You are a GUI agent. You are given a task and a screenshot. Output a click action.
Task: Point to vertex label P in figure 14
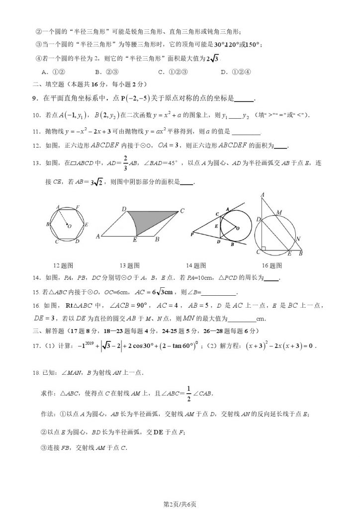[192, 234]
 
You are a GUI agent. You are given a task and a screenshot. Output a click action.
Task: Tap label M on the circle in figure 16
[278, 212]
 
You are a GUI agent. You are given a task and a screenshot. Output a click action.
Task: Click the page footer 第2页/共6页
[180, 504]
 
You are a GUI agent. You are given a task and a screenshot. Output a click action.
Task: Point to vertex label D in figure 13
[123, 210]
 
